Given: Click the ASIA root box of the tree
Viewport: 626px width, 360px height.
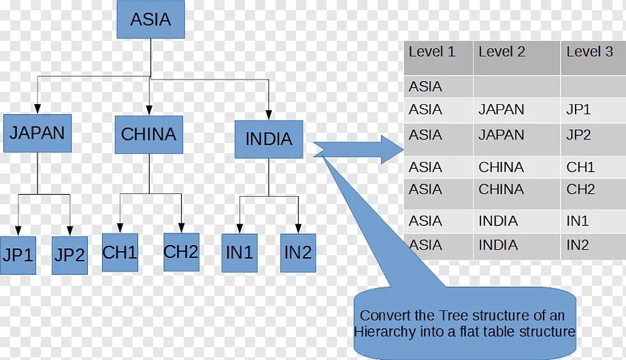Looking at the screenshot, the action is [x=150, y=20].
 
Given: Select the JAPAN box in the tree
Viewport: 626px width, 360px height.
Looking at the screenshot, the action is [x=37, y=133].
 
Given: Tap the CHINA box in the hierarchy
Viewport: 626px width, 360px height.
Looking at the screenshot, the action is [x=148, y=134].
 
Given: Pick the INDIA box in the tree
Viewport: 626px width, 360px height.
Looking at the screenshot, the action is [x=269, y=140].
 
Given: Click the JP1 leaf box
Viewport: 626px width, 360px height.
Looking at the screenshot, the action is [x=18, y=255].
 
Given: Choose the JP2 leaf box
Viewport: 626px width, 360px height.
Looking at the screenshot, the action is [x=70, y=255].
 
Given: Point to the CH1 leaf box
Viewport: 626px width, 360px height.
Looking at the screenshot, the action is [x=120, y=252].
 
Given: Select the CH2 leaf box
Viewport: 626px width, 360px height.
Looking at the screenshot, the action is [x=181, y=252].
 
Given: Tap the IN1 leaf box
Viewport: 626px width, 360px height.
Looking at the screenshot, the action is [x=240, y=252].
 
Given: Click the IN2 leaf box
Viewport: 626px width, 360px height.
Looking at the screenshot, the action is [x=298, y=252].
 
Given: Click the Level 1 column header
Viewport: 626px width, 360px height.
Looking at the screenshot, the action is [x=432, y=52].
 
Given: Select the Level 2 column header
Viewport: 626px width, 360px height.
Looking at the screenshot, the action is [x=502, y=52].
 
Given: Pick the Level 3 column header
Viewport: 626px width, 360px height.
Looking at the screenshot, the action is [x=589, y=52].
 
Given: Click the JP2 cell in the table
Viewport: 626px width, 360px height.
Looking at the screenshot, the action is [x=578, y=135].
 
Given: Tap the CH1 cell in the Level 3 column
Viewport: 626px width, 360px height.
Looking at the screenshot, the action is [x=580, y=167].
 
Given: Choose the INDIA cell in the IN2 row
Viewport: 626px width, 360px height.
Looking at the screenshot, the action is [x=498, y=245].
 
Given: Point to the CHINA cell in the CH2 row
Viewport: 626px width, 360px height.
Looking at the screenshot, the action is [x=501, y=189].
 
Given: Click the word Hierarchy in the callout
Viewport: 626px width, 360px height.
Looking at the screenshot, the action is [x=384, y=332].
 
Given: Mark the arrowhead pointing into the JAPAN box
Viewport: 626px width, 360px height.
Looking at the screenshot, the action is [x=37, y=108].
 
